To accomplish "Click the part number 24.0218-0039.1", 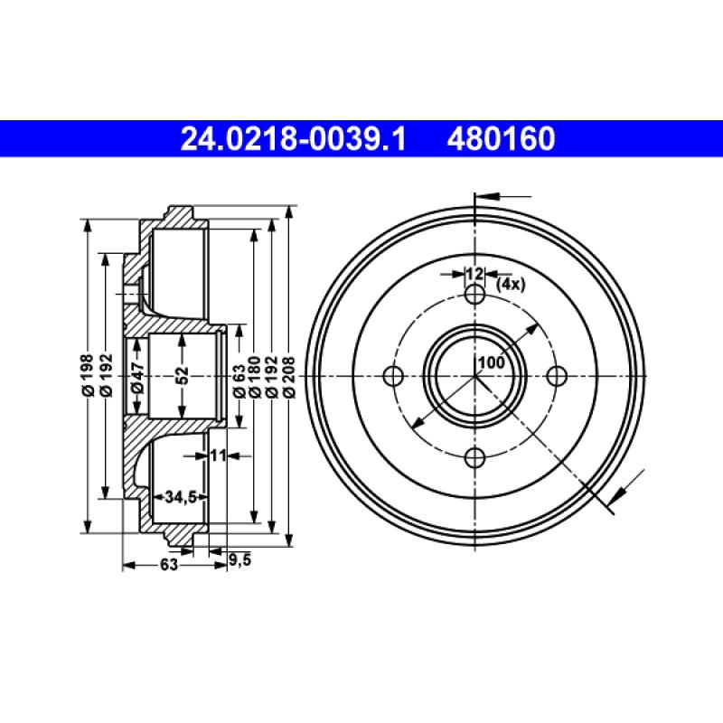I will click(x=295, y=138).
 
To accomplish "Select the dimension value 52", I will click(x=182, y=372).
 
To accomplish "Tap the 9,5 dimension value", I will click(x=239, y=559).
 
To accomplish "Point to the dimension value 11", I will click(x=217, y=455).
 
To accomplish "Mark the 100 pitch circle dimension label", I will click(x=491, y=362).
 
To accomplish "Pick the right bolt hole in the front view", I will click(x=557, y=376).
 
